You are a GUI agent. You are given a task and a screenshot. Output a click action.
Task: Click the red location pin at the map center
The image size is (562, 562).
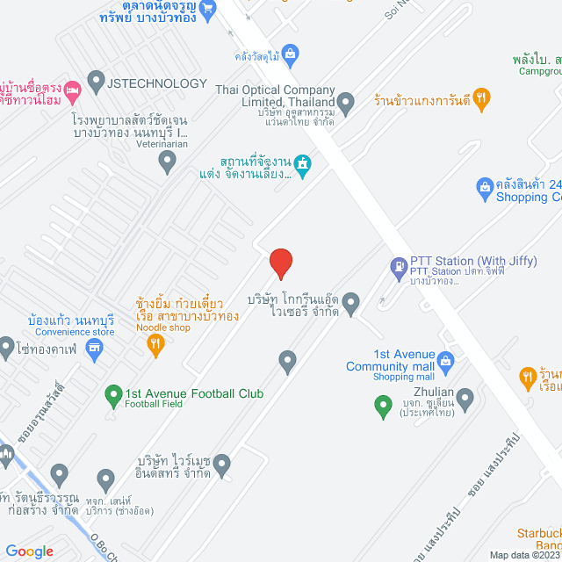(x=280, y=262)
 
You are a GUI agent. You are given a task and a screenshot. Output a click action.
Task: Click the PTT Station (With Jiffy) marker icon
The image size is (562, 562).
(x=398, y=264)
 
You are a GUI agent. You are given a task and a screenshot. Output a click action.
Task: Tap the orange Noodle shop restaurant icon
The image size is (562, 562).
(x=155, y=345)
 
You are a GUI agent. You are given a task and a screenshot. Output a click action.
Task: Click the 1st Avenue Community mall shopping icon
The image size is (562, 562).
(x=445, y=359)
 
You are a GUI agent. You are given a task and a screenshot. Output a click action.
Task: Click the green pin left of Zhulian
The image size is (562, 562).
(x=382, y=406)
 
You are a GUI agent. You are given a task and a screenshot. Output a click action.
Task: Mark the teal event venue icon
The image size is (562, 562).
(x=303, y=164)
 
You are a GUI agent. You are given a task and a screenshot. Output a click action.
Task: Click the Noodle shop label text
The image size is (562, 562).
(x=162, y=328)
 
